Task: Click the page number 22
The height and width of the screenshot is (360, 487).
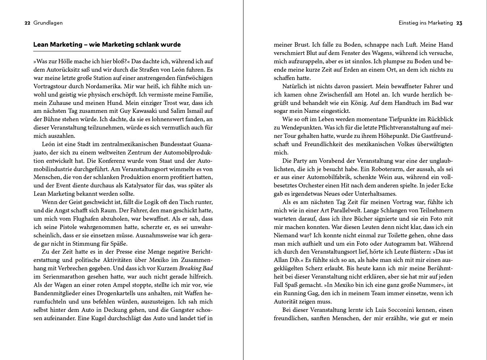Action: coord(27,23)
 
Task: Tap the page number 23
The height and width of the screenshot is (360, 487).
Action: coord(459,23)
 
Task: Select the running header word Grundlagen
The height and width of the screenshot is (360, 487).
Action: coord(48,23)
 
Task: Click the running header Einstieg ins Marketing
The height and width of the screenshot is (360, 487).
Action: coord(426,23)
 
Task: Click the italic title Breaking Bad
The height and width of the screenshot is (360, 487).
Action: coord(196,268)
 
